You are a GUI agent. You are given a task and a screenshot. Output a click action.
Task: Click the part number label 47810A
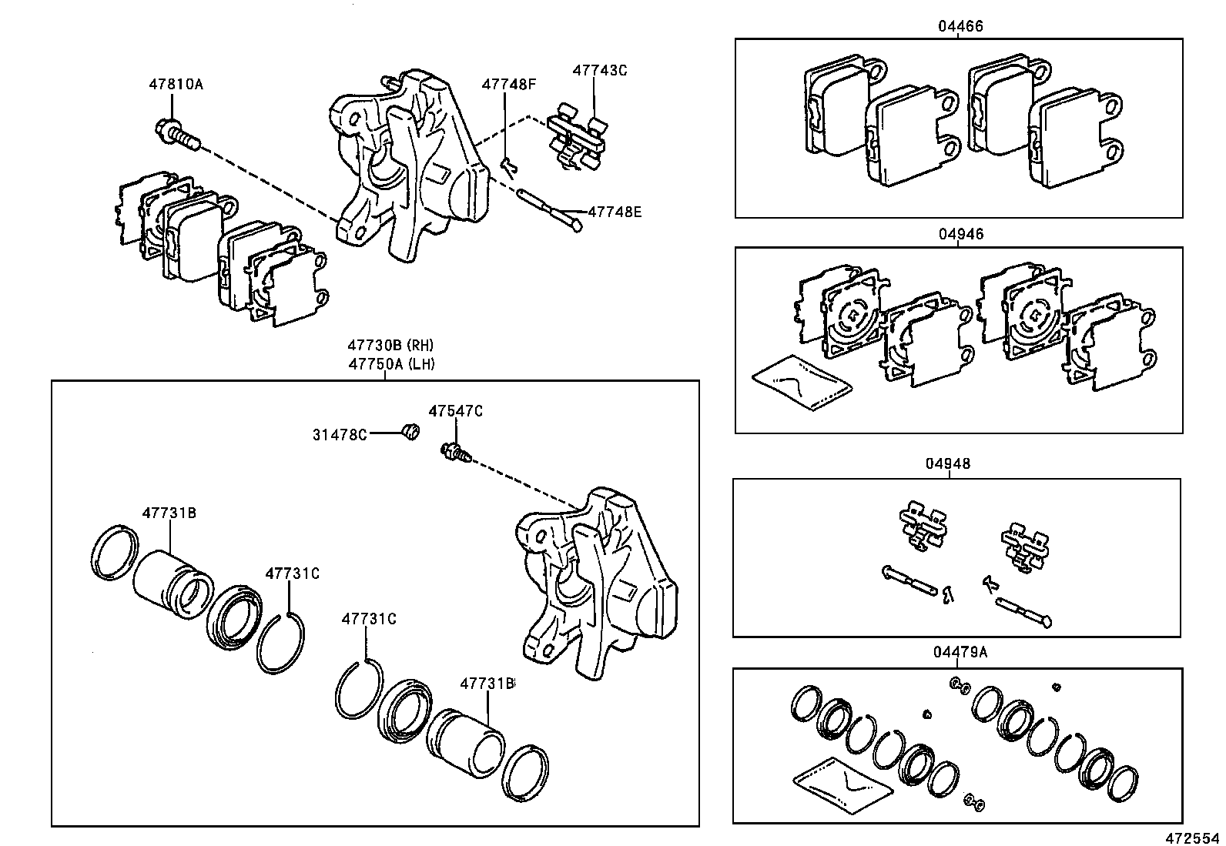click(x=176, y=85)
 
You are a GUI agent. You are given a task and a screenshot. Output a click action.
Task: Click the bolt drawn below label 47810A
click(x=176, y=134)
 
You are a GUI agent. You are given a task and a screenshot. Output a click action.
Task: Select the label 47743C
click(x=599, y=70)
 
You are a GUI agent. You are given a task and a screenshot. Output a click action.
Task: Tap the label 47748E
click(x=614, y=211)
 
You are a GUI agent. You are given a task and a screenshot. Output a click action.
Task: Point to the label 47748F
click(x=508, y=84)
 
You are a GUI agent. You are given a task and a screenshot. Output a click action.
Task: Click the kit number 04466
click(x=960, y=26)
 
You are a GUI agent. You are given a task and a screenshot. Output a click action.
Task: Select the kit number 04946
click(x=960, y=234)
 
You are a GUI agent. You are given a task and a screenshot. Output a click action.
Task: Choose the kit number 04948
click(x=949, y=464)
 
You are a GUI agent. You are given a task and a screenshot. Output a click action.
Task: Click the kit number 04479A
click(x=960, y=653)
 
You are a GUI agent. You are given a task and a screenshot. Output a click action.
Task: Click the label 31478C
click(x=339, y=435)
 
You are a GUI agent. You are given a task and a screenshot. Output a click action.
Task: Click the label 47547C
click(x=455, y=412)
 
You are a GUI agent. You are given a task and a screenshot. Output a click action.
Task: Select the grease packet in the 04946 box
click(x=802, y=383)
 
